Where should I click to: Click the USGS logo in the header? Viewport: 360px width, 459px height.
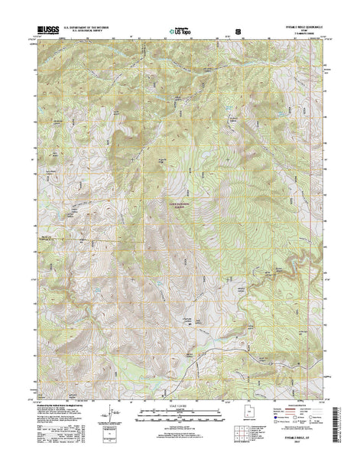pyautogui.click(x=46, y=33)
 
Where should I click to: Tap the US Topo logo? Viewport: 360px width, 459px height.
pyautogui.click(x=180, y=33)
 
